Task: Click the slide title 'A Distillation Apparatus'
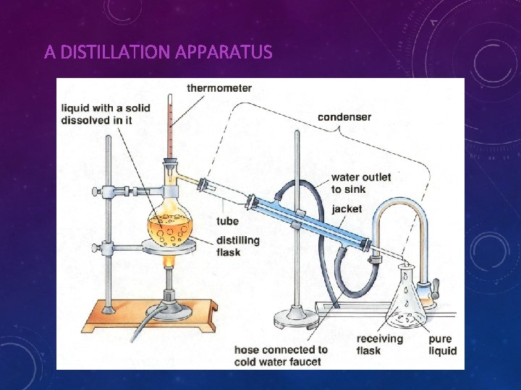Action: [158, 53]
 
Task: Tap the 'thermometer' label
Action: [219, 88]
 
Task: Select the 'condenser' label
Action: [344, 117]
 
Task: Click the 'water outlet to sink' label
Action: [361, 183]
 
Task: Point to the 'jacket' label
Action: [347, 209]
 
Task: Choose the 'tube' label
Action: [227, 221]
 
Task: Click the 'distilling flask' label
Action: [238, 246]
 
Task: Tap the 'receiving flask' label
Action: [378, 344]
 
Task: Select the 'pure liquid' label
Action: [442, 344]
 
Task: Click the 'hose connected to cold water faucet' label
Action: [281, 355]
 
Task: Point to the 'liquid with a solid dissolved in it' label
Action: [106, 114]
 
